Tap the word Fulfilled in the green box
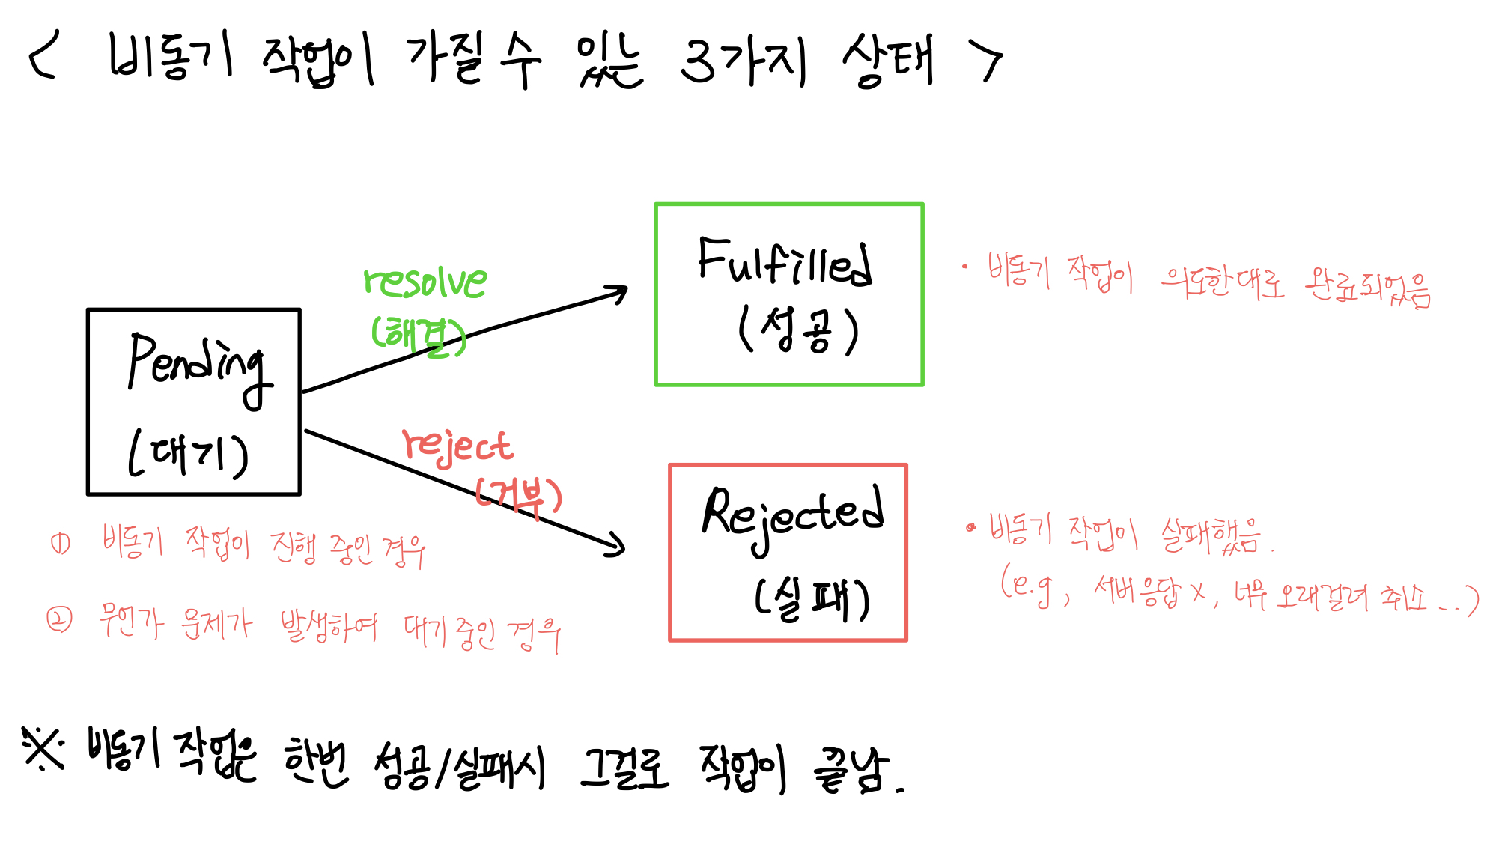784,262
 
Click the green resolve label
425,282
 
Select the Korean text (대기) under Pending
188,454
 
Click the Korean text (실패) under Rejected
812,600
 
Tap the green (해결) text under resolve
419,335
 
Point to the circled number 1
61,543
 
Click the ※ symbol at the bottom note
43,748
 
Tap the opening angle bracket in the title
43,57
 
